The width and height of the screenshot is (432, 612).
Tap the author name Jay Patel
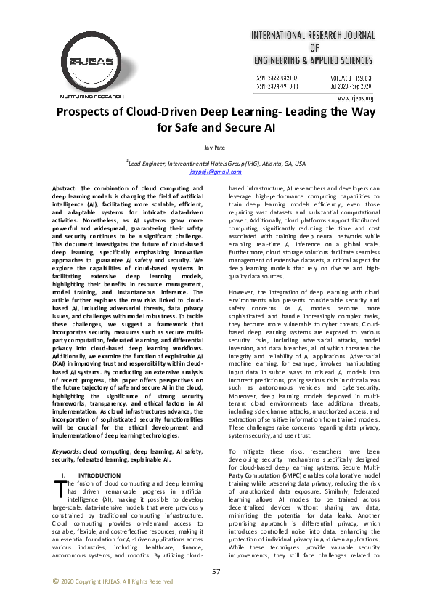[216, 148]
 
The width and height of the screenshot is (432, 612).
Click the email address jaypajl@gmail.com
[216, 172]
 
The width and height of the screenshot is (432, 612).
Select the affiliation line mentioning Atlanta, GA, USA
[216, 164]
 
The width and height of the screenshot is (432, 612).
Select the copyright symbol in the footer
[55, 581]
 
